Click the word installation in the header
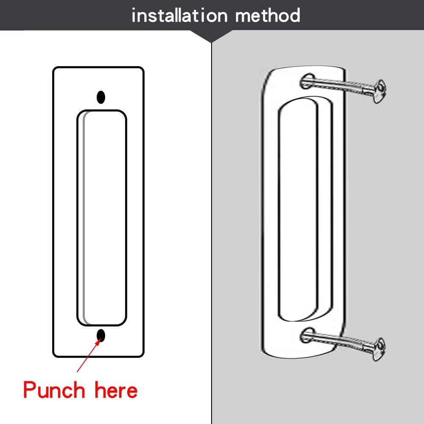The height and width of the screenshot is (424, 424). tap(180, 16)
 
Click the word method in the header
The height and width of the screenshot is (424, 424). tap(268, 16)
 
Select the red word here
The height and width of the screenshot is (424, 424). tap(116, 390)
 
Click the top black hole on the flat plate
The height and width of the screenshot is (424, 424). tap(101, 97)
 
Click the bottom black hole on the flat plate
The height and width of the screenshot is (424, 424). tap(101, 335)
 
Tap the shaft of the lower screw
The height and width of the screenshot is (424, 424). tap(339, 341)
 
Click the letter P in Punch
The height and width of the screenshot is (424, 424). tap(30, 390)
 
